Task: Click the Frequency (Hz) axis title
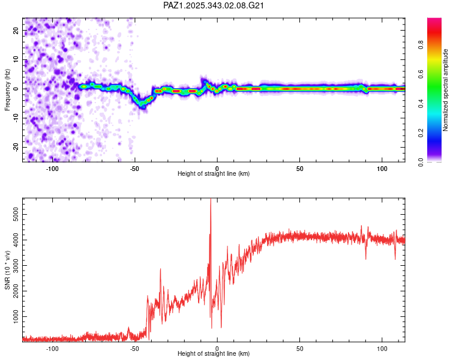pyautogui.click(x=7, y=90)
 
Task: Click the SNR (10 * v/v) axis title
pyautogui.click(x=7, y=270)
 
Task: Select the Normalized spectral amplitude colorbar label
pyautogui.click(x=446, y=90)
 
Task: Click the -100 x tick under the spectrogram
pyautogui.click(x=52, y=168)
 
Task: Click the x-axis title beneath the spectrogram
pyautogui.click(x=214, y=174)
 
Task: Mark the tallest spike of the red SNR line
pyautogui.click(x=211, y=202)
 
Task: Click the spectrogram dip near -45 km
pyautogui.click(x=143, y=104)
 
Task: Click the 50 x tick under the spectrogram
pyautogui.click(x=300, y=168)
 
